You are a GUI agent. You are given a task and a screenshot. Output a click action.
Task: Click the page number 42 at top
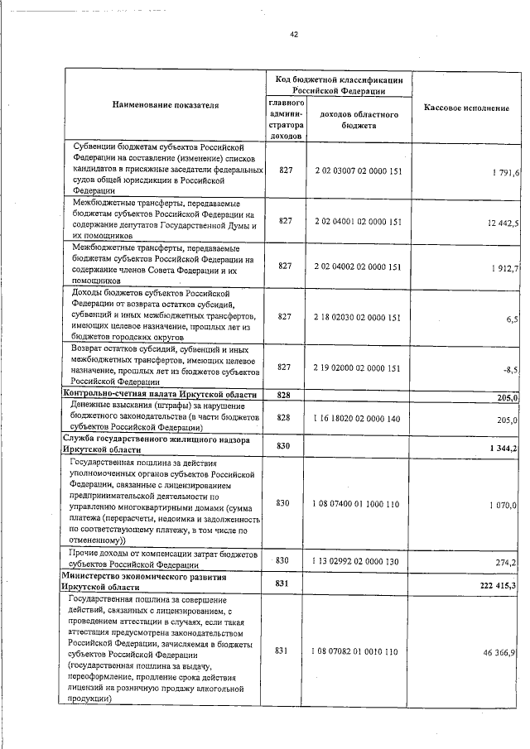point(294,34)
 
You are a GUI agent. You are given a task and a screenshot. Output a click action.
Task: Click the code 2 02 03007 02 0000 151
point(358,171)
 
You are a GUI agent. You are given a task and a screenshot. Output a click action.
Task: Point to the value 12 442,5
point(503,223)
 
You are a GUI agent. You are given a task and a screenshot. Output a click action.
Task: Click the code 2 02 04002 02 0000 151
point(358,266)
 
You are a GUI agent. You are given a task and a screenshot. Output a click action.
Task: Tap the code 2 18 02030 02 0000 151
point(358,317)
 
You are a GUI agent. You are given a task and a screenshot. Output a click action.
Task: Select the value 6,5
point(511,318)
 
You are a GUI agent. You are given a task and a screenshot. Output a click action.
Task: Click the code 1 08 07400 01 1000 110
point(358,503)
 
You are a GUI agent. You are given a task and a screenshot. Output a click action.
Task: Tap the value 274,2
point(506,562)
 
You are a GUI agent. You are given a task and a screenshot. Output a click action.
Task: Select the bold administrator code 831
point(283,583)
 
